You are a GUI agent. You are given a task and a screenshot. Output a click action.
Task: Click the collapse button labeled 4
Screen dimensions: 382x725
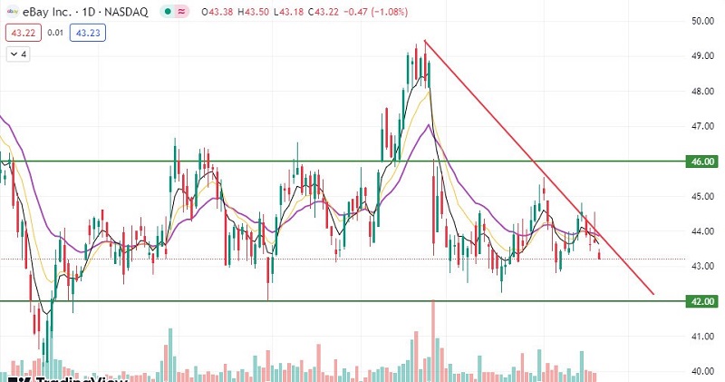coord(19,54)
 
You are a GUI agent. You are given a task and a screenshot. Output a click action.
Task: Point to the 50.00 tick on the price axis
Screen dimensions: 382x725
coord(701,21)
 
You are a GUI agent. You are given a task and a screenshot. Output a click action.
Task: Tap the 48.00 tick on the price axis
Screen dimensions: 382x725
coord(701,91)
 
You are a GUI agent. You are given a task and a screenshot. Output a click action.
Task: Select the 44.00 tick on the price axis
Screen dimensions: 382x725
coord(701,231)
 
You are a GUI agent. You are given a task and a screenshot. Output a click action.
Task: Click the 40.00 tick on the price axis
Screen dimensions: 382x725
coord(701,371)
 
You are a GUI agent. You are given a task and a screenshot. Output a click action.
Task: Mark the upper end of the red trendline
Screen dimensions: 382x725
coord(424,41)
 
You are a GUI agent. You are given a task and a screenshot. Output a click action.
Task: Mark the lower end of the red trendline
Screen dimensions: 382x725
coord(652,294)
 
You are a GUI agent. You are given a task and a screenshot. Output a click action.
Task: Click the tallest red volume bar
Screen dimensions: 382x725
coord(434,337)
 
